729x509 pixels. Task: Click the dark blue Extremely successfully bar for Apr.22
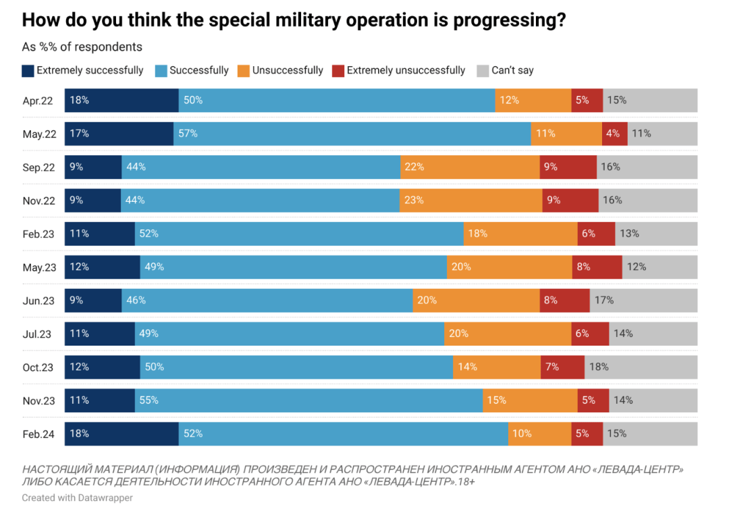click(122, 101)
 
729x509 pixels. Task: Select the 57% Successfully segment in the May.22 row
click(352, 134)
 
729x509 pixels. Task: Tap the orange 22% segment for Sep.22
click(470, 167)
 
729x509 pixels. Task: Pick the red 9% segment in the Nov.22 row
click(570, 200)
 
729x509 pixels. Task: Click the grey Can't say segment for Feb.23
click(656, 234)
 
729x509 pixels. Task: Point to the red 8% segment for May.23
click(597, 267)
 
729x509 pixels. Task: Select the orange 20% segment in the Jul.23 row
click(508, 333)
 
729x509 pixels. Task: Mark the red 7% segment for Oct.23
click(562, 367)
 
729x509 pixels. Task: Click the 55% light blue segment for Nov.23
click(308, 400)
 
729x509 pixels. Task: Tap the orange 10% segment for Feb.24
click(539, 433)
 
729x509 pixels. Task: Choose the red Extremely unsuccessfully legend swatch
click(338, 71)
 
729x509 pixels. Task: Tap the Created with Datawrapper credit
click(77, 498)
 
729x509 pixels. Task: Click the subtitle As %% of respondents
click(82, 47)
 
